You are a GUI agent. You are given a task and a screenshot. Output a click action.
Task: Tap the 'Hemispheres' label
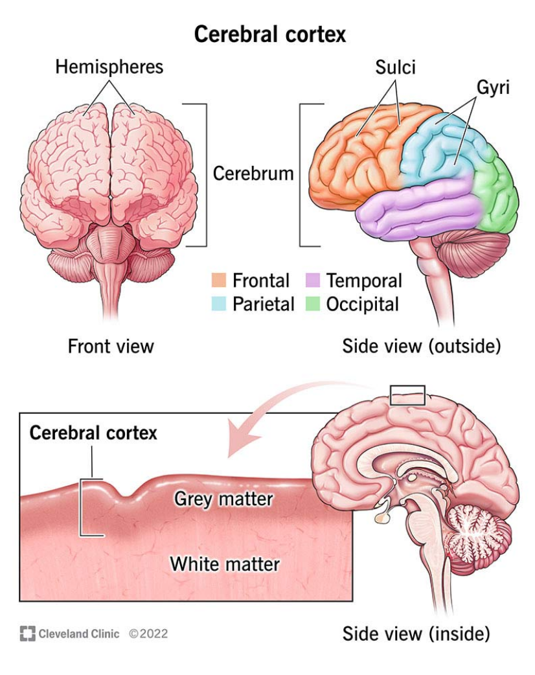point(109,67)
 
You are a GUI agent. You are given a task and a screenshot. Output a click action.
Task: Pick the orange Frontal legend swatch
point(218,281)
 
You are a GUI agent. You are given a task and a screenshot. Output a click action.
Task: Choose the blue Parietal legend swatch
point(218,304)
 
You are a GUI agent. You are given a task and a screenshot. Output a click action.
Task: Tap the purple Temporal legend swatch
point(312,281)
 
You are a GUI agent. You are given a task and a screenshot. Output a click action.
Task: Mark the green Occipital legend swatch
point(312,304)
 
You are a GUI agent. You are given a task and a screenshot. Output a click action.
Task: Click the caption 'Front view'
point(111,347)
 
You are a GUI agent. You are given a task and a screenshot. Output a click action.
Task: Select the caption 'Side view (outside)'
point(421,347)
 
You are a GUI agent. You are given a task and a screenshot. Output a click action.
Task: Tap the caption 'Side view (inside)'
point(416,633)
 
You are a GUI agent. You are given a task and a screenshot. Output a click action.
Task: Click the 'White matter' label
point(225,564)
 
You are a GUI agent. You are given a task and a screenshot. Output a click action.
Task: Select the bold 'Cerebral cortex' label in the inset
point(93,433)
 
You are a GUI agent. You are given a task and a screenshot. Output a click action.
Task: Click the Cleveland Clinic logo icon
point(27,634)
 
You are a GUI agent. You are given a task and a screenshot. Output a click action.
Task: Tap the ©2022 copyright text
point(148,634)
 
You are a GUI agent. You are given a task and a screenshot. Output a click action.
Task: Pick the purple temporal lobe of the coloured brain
point(421,207)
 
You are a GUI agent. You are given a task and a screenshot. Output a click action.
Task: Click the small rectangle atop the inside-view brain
point(407,395)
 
